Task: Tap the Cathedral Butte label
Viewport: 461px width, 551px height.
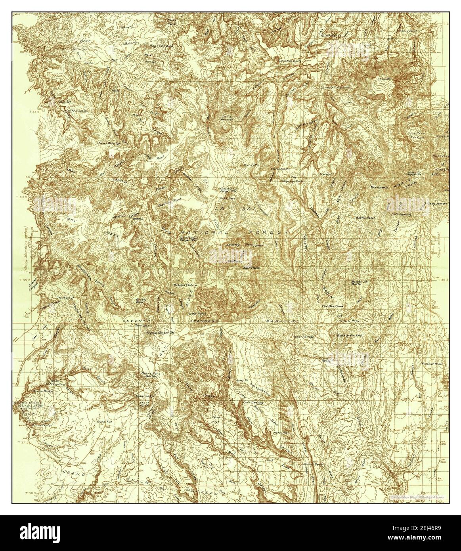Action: click(289, 61)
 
